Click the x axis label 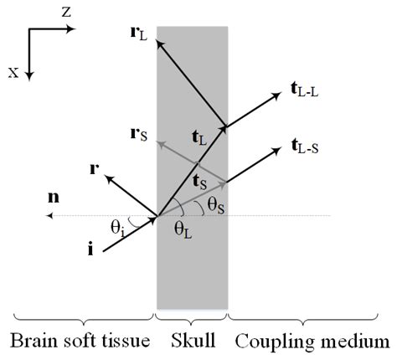point(13,72)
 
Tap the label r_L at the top point(139,35)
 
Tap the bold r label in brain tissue point(95,169)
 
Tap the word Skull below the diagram point(191,342)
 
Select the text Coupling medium point(312,342)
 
